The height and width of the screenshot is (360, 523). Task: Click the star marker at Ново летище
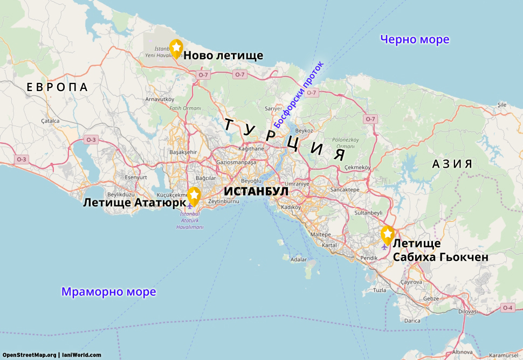point(176,48)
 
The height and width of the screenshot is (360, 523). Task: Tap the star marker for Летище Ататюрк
point(194,196)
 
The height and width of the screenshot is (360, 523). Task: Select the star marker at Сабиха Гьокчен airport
point(387,234)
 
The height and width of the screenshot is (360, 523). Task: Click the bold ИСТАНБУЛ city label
point(256,191)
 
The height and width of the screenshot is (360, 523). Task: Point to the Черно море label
point(414,39)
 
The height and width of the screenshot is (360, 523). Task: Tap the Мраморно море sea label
point(108,292)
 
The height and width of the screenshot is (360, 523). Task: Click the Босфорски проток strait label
point(300,94)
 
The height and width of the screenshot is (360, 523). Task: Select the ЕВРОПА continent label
point(57,87)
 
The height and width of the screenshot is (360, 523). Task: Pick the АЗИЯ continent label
point(452,164)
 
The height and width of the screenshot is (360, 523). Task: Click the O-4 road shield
point(507,308)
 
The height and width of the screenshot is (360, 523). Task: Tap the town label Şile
point(502,104)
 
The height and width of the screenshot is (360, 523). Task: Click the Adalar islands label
point(298,259)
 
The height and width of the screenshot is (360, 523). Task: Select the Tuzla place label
point(380,290)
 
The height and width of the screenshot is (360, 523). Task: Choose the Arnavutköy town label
point(160,99)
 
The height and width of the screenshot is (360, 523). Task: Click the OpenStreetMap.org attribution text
point(29,355)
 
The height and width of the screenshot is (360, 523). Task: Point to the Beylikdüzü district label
point(121,194)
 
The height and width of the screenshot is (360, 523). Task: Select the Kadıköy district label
point(291,207)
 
